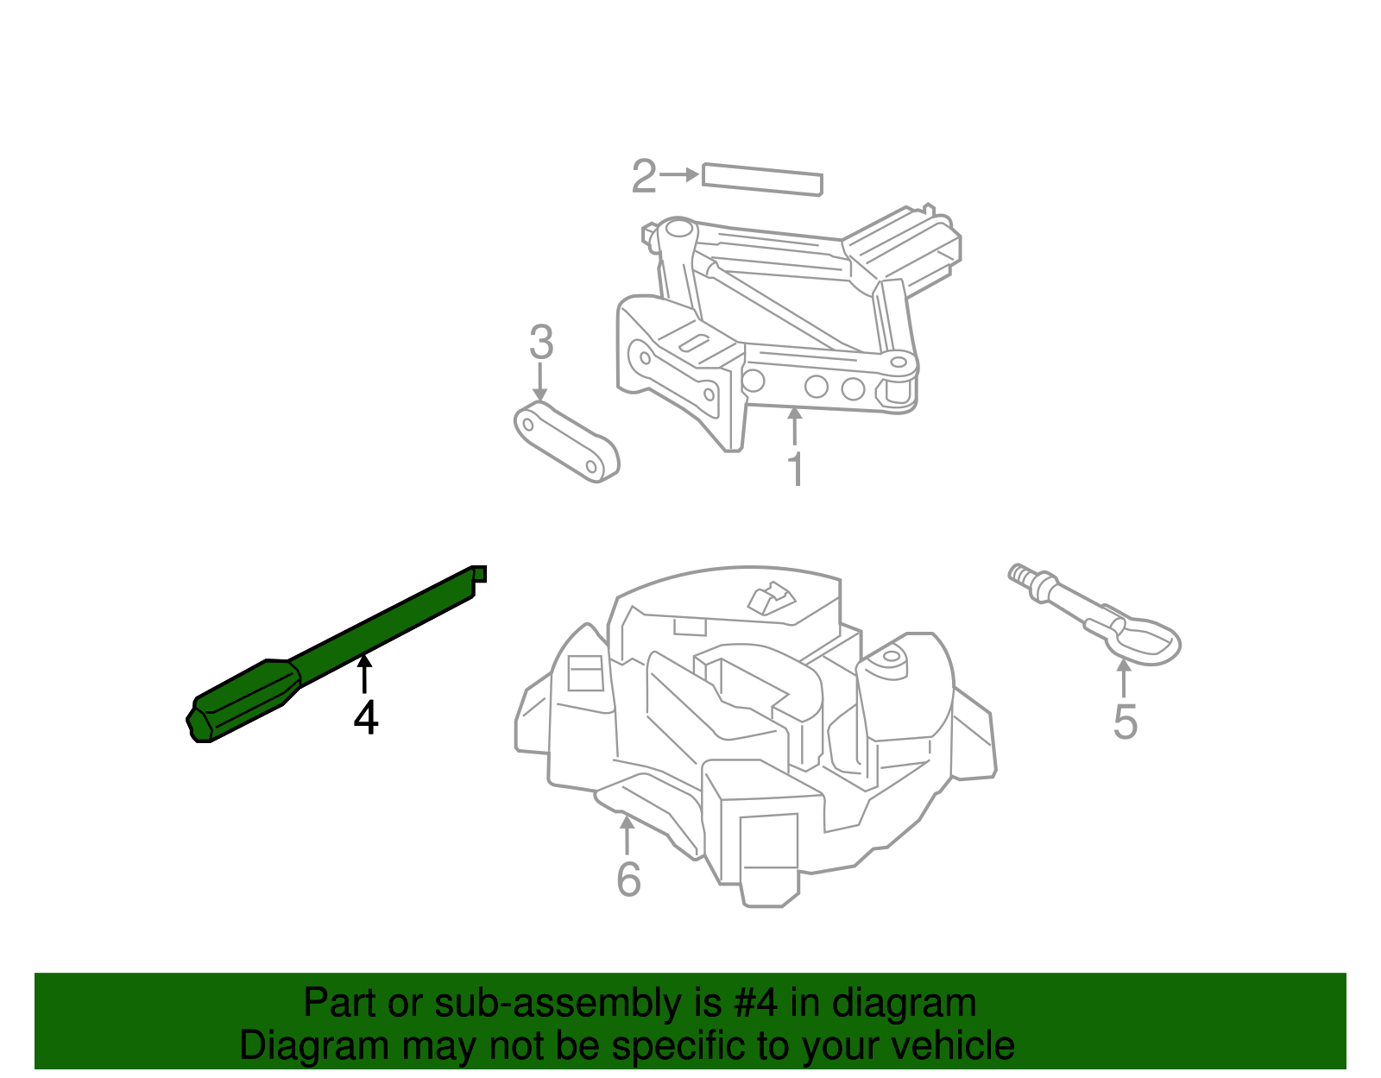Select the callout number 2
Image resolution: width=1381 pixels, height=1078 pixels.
tap(644, 177)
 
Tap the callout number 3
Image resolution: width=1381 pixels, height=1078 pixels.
tap(540, 343)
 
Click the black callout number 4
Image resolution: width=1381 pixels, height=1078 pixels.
tap(366, 718)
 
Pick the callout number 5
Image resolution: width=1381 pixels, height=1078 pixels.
tap(1125, 722)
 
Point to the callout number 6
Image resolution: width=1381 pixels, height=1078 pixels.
tap(628, 879)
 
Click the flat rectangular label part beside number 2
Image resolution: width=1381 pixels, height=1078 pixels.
tap(762, 179)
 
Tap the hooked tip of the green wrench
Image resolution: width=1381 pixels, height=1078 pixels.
tap(478, 574)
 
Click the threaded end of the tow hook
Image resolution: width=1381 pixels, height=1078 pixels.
tap(1024, 576)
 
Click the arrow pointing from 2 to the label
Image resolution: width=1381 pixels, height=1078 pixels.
tap(680, 174)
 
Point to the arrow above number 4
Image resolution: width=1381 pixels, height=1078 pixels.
tap(365, 674)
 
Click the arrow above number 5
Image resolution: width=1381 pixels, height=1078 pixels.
tap(1123, 678)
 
